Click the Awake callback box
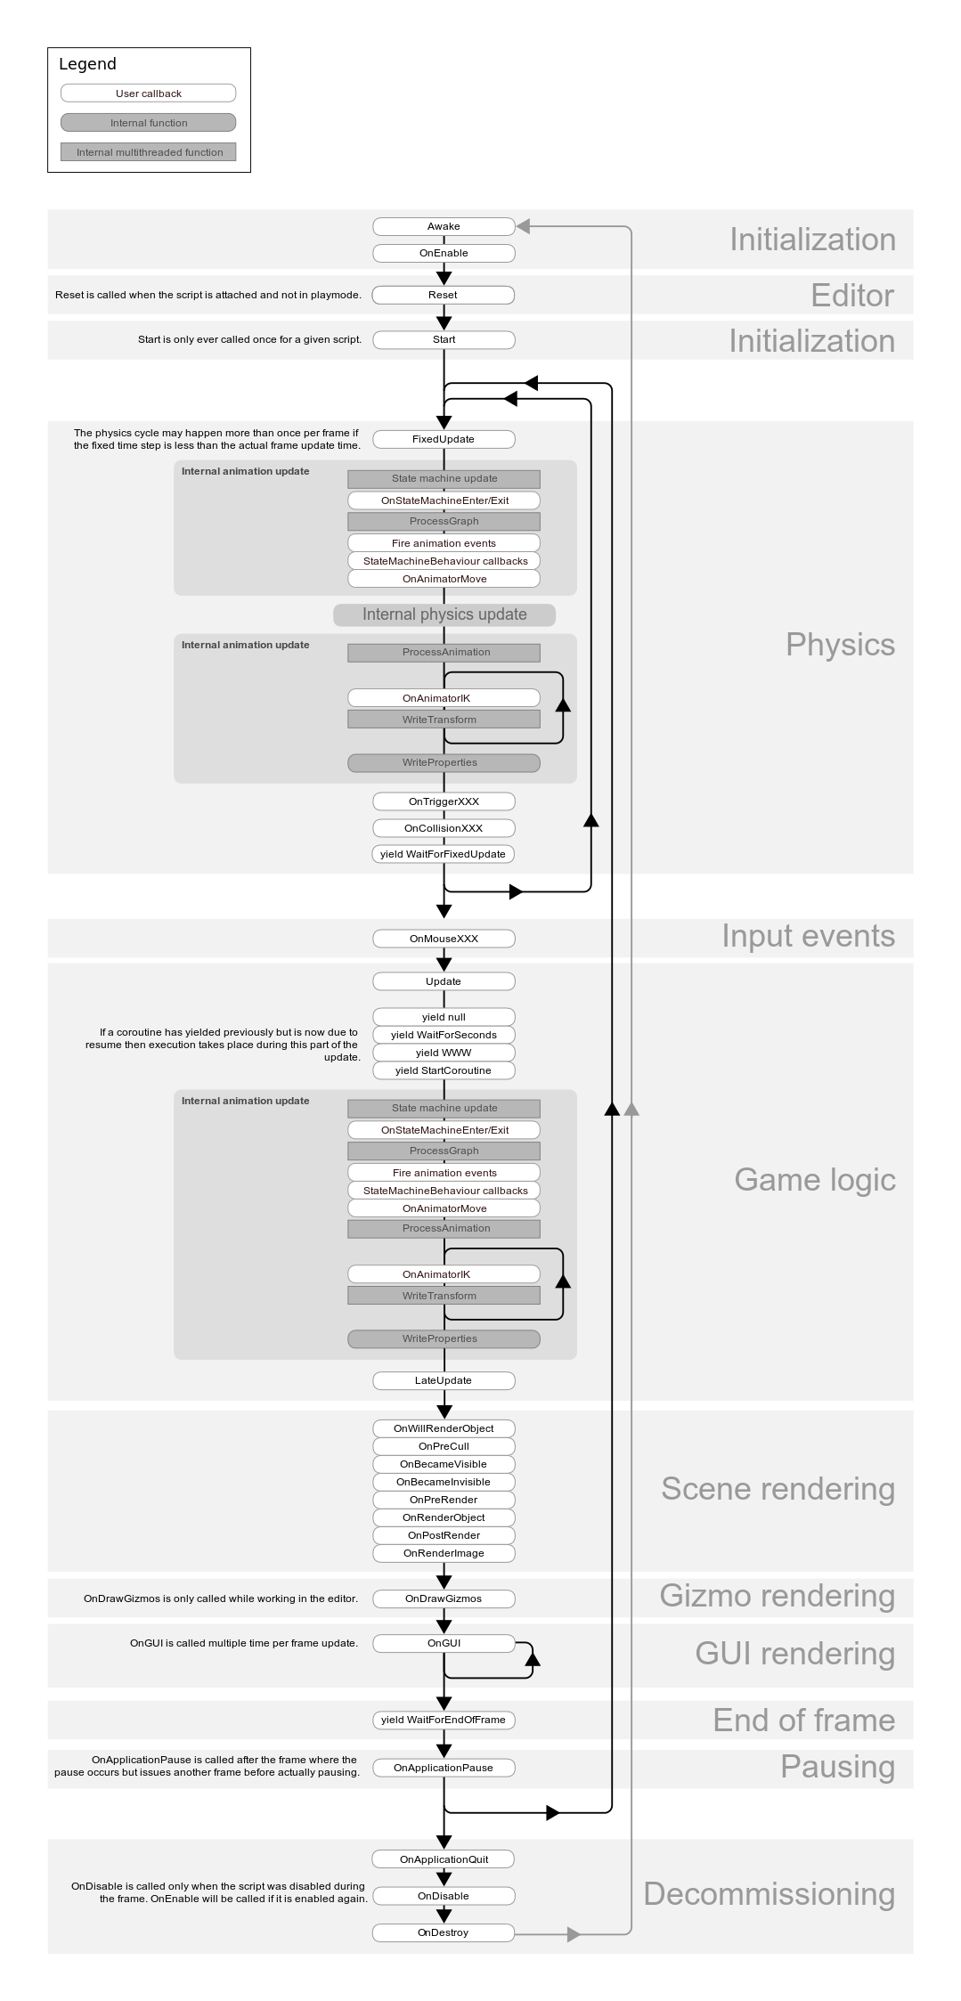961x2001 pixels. point(444,226)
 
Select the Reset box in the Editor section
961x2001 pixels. point(443,295)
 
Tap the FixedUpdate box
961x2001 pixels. point(444,439)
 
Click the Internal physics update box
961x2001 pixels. point(444,614)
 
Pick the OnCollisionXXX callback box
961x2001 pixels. point(444,828)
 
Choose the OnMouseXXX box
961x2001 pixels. point(444,939)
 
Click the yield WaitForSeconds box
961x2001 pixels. point(444,1035)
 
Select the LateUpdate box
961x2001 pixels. point(444,1380)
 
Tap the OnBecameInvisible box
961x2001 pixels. point(444,1482)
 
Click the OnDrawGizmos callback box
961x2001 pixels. point(444,1598)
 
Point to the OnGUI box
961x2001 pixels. point(444,1643)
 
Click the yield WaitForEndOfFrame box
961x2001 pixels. point(444,1720)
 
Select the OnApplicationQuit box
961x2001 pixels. point(444,1859)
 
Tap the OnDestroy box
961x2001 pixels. point(444,1932)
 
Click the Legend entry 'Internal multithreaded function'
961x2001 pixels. point(149,152)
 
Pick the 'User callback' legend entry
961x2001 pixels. point(149,94)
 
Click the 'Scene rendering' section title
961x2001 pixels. point(778,1489)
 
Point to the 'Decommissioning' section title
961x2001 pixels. point(769,1894)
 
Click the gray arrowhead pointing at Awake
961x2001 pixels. point(524,226)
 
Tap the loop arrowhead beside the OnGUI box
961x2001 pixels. point(533,1657)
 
